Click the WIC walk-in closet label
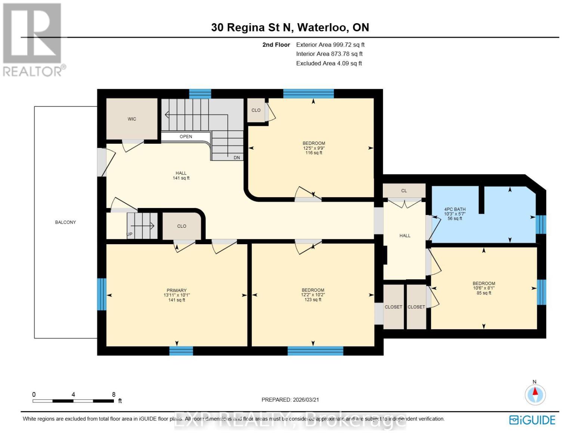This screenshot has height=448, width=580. coord(131,119)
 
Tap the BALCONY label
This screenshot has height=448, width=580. coord(65,223)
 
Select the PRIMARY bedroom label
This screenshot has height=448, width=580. coord(177,295)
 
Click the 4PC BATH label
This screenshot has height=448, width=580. coord(455,214)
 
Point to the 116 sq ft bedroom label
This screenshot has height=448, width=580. coord(314,148)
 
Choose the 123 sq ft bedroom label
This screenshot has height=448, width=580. coord(313,295)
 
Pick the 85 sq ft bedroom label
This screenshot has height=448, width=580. coord(484,288)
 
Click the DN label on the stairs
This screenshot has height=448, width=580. coord(237,158)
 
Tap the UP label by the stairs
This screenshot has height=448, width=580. coord(130,234)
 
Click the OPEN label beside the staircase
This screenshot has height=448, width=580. coord(186,137)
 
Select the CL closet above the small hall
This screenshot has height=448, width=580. coord(404,191)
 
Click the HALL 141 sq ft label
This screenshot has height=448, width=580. coord(181,175)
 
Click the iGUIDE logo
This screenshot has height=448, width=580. coord(532,420)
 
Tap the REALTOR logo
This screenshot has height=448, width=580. coord(33,39)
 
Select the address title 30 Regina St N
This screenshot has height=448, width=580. coord(290,27)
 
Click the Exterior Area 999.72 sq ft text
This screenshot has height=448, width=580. coord(330,45)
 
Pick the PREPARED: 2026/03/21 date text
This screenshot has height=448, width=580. coord(290,400)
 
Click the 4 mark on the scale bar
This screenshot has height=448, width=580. coord(73,395)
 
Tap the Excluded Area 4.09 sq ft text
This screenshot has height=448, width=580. coord(329,63)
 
